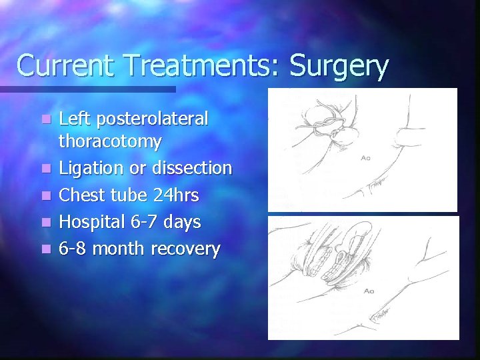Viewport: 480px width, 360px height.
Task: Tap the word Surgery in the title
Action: tap(338, 67)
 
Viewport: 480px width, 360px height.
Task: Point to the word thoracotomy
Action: tap(110, 141)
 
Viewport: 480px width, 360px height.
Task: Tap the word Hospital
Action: tap(91, 221)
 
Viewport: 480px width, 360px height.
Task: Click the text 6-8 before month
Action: tap(73, 249)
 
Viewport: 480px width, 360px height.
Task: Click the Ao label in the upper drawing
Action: tap(367, 159)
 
